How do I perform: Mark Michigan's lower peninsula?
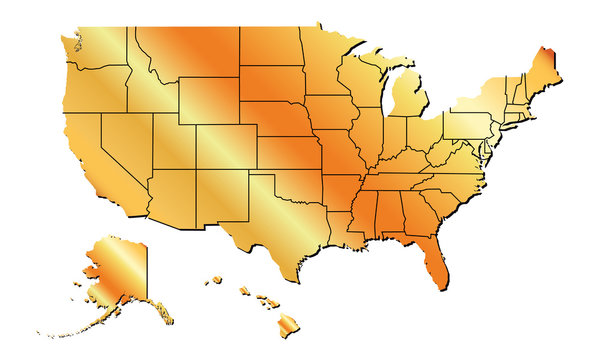tap(409, 101)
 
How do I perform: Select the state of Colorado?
tap(225, 146)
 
